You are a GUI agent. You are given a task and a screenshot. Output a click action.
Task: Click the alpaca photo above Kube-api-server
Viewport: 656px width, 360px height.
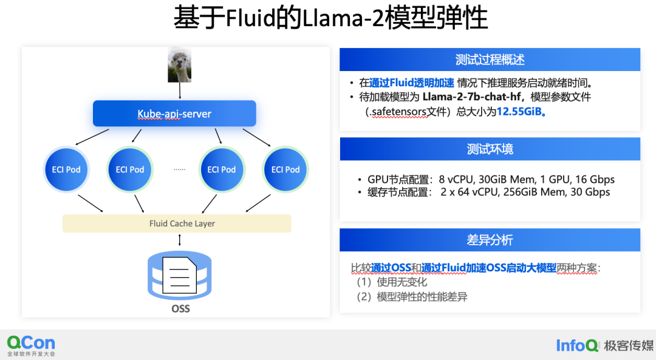coord(179,66)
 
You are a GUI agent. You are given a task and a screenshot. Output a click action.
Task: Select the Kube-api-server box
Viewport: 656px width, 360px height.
coord(174,114)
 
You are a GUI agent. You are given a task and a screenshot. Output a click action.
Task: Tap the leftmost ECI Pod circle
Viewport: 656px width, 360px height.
coord(66,169)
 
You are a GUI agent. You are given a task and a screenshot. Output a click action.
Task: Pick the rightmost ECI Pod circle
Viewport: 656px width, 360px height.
coord(285,169)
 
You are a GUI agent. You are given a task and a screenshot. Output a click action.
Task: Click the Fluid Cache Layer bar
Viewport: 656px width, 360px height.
coord(177,223)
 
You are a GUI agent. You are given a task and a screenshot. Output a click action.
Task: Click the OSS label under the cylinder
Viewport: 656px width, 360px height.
coord(180,308)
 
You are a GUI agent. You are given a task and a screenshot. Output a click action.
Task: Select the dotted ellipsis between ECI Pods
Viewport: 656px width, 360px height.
coord(179,169)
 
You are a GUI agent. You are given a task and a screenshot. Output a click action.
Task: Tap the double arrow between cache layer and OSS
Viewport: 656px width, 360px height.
coord(180,240)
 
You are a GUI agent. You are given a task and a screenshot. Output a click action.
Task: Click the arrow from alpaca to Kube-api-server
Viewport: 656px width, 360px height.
coord(180,91)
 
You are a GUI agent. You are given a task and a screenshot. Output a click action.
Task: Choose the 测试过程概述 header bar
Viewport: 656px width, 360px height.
coord(490,59)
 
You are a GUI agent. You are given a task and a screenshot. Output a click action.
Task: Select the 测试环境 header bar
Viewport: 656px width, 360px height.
coord(490,149)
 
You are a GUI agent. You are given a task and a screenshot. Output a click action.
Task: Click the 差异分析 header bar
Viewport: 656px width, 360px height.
coord(490,240)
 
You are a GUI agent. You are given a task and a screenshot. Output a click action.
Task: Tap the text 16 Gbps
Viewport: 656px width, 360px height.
coord(594,180)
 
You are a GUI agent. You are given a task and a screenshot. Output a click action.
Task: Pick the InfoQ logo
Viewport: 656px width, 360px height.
coord(578,345)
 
